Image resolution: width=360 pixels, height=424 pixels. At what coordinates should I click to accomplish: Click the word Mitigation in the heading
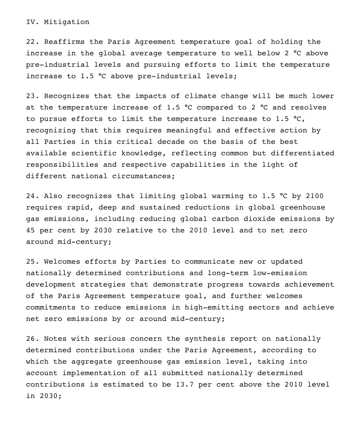(66, 22)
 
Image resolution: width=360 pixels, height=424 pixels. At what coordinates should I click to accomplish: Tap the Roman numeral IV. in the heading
(33, 22)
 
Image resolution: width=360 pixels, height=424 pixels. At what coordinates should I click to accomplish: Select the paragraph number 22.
(33, 42)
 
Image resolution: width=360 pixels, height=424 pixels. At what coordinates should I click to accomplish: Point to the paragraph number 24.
(33, 196)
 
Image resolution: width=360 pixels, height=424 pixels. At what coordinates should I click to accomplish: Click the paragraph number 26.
(33, 339)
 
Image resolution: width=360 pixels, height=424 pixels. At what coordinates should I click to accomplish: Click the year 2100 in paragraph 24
(314, 196)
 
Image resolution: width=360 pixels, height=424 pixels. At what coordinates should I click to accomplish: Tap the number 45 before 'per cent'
(31, 230)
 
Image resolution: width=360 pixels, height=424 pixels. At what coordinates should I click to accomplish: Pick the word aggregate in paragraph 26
(94, 361)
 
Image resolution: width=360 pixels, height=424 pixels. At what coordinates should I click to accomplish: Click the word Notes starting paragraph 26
(55, 339)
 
